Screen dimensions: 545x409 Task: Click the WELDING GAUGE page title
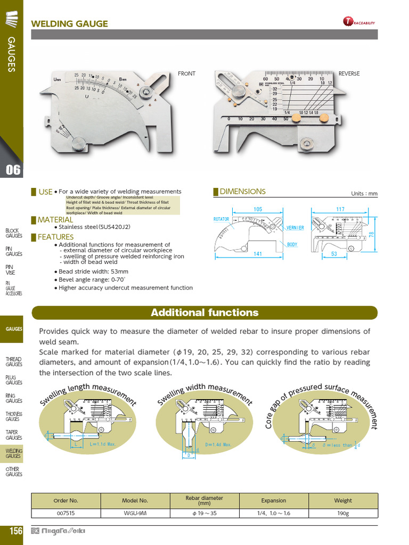(70, 23)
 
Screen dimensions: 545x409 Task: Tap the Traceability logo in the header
(359, 22)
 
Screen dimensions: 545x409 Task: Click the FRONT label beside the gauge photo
(186, 73)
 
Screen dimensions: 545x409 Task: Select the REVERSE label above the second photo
(349, 73)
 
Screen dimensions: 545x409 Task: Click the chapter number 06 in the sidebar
(13, 170)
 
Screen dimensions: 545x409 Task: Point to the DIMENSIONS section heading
(242, 192)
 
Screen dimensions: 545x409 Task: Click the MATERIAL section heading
(55, 220)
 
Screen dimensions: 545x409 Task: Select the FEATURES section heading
(55, 237)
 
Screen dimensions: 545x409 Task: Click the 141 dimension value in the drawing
(258, 254)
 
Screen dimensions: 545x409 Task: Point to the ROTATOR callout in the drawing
(221, 219)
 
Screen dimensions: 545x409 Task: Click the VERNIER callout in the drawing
(295, 228)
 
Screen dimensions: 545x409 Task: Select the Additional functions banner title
(204, 313)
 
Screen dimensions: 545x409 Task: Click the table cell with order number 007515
(66, 513)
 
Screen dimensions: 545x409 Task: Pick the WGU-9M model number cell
(135, 513)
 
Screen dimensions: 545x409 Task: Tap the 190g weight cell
(343, 513)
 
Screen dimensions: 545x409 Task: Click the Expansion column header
(274, 500)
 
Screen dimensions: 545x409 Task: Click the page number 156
(15, 531)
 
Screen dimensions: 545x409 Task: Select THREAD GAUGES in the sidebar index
(14, 362)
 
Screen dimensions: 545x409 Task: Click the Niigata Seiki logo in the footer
(59, 531)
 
